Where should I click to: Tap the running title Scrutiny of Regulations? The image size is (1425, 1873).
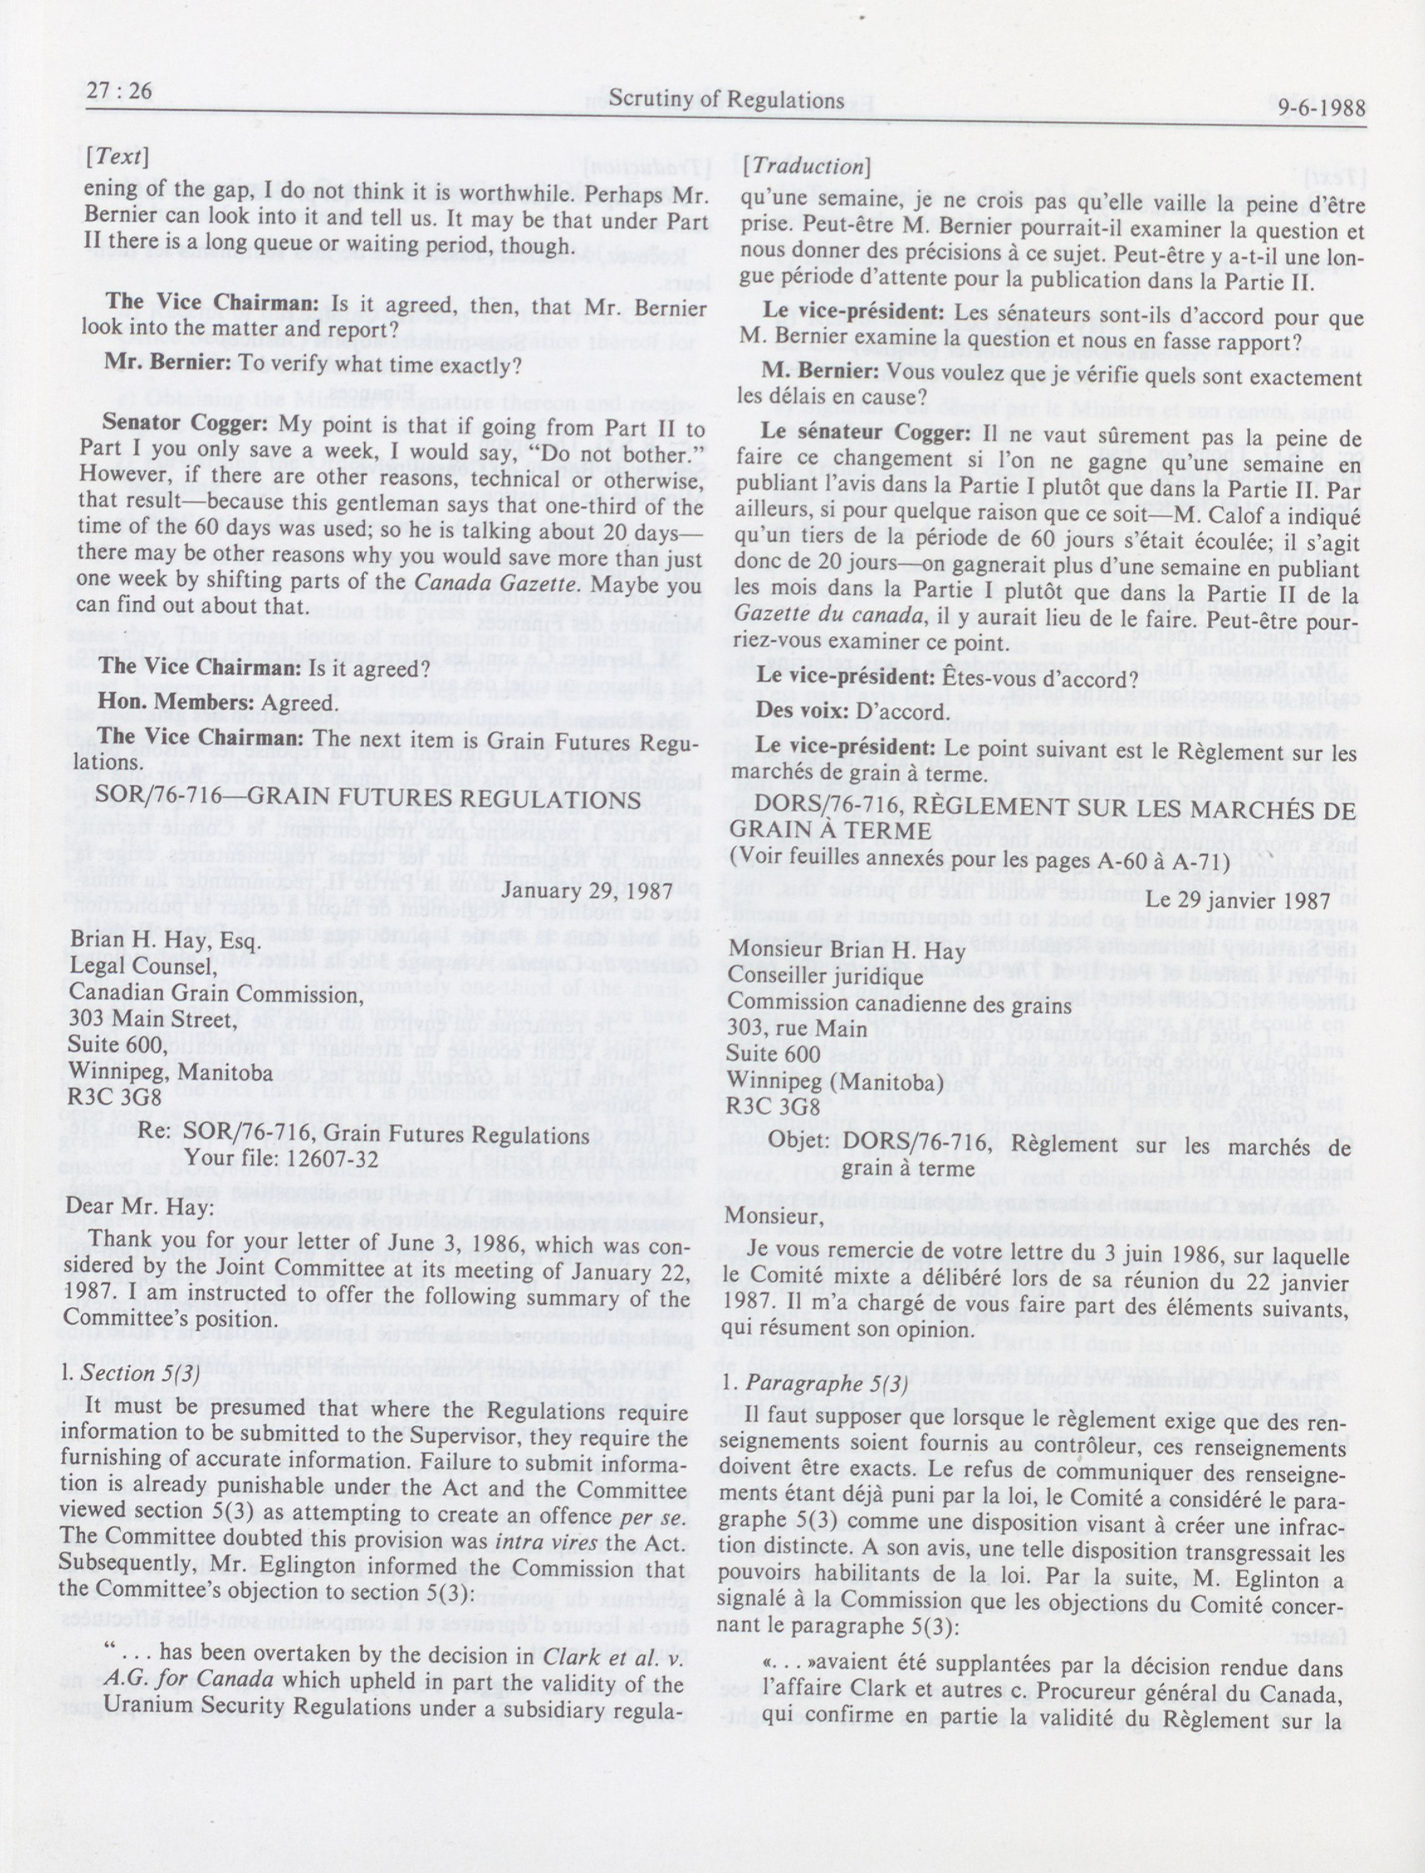click(x=727, y=100)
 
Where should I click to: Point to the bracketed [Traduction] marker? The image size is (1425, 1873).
click(x=805, y=167)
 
